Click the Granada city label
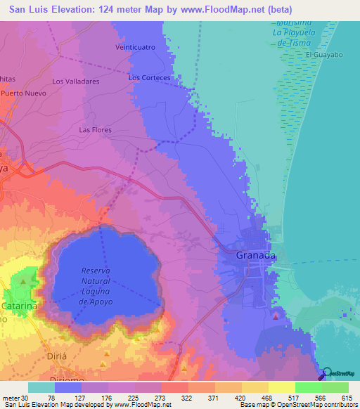255,255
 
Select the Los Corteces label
149,77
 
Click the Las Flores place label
96,130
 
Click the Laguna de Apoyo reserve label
96,286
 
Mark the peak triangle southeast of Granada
275,317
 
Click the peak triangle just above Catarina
23,283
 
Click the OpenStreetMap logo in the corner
339,373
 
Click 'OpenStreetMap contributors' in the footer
318,405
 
